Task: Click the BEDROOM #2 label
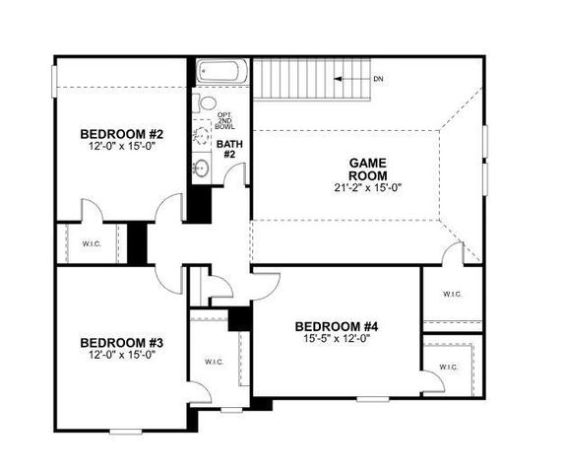(x=121, y=134)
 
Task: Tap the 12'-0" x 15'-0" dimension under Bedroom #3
(x=121, y=356)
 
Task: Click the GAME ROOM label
(x=368, y=169)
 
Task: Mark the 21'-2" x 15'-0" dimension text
(x=368, y=187)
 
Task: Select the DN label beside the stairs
(x=379, y=78)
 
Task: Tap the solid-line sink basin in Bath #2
(x=202, y=167)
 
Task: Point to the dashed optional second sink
(x=203, y=133)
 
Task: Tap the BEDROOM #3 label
(x=121, y=343)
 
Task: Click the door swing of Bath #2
(x=234, y=174)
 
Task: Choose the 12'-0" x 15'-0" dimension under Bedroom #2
(x=121, y=147)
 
